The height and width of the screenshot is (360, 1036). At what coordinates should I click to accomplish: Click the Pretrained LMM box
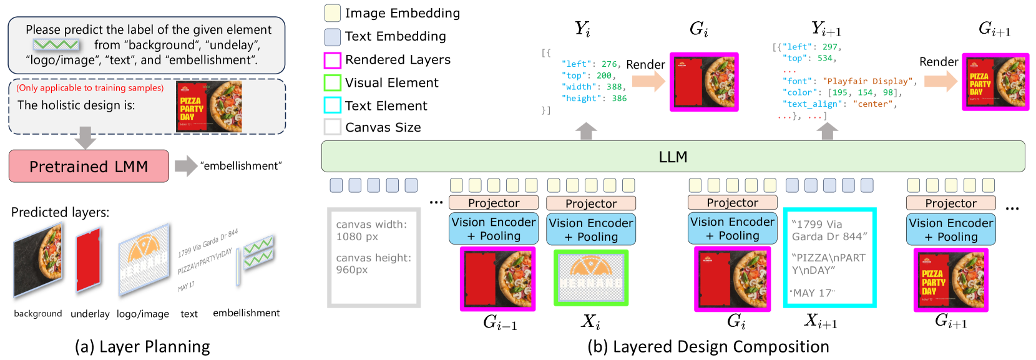coord(89,166)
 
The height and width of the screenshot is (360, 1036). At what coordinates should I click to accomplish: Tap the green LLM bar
coord(673,157)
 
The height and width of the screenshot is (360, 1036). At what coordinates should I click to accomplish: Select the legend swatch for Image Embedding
coord(333,13)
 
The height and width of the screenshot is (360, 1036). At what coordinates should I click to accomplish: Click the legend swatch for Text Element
coord(333,105)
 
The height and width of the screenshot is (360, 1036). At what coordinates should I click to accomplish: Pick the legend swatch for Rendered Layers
coord(333,60)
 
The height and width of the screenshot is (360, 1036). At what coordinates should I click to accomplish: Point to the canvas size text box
coord(374,258)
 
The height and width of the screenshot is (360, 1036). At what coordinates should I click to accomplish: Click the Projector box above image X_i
coord(590,203)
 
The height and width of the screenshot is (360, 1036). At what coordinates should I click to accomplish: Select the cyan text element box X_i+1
coord(829,258)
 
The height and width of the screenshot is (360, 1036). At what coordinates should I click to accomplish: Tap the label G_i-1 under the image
coord(500,322)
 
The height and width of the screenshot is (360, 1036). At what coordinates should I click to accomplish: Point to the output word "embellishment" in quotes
coord(241,166)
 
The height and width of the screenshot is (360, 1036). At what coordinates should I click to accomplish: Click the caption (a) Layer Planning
coord(142,347)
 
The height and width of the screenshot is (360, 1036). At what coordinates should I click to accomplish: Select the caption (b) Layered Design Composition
coord(708,347)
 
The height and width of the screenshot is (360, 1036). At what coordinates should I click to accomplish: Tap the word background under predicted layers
coord(38,314)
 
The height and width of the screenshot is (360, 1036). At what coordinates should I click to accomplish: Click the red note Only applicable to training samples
coord(90,88)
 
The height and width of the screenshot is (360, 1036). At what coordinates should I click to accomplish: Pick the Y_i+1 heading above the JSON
coord(826,29)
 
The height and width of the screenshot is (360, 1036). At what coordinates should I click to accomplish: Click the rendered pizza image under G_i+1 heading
coord(995,82)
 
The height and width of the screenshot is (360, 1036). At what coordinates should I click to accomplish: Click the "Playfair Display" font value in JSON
coord(867,81)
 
